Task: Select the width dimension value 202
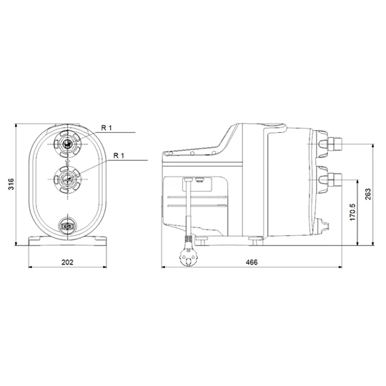66,263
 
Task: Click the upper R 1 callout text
107,127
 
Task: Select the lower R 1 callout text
119,154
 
